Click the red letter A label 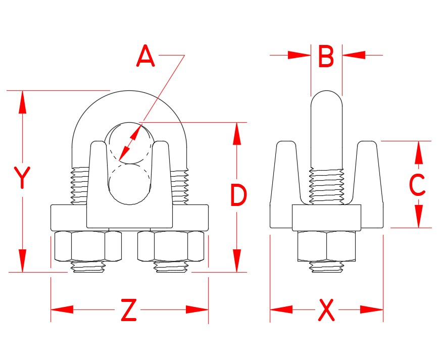click(x=145, y=57)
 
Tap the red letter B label click(x=326, y=57)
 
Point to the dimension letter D click(x=238, y=196)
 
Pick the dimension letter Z click(x=129, y=310)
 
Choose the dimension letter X click(x=326, y=310)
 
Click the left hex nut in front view click(x=87, y=246)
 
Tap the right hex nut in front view click(x=172, y=246)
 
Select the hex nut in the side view click(x=326, y=246)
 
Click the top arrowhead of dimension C click(x=418, y=152)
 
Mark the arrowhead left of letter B click(x=299, y=55)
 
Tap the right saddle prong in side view click(x=367, y=172)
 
